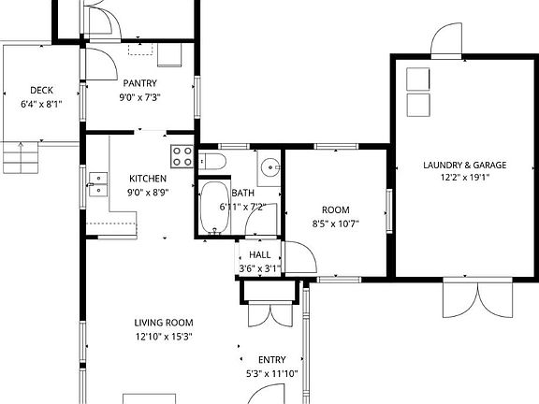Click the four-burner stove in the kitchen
pos(182,155)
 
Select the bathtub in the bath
pos(214,208)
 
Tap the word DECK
pos(41,91)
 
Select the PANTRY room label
pos(138,83)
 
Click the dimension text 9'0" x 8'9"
pos(148,193)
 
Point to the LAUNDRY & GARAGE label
pos(464,166)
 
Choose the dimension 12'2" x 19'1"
pos(464,178)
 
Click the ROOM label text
pos(335,210)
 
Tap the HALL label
pos(259,254)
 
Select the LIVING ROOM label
pos(163,324)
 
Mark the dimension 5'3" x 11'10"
pos(272,374)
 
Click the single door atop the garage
pos(445,40)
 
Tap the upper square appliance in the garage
pos(417,79)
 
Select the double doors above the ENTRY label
pos(271,313)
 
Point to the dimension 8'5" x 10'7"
pos(335,224)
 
